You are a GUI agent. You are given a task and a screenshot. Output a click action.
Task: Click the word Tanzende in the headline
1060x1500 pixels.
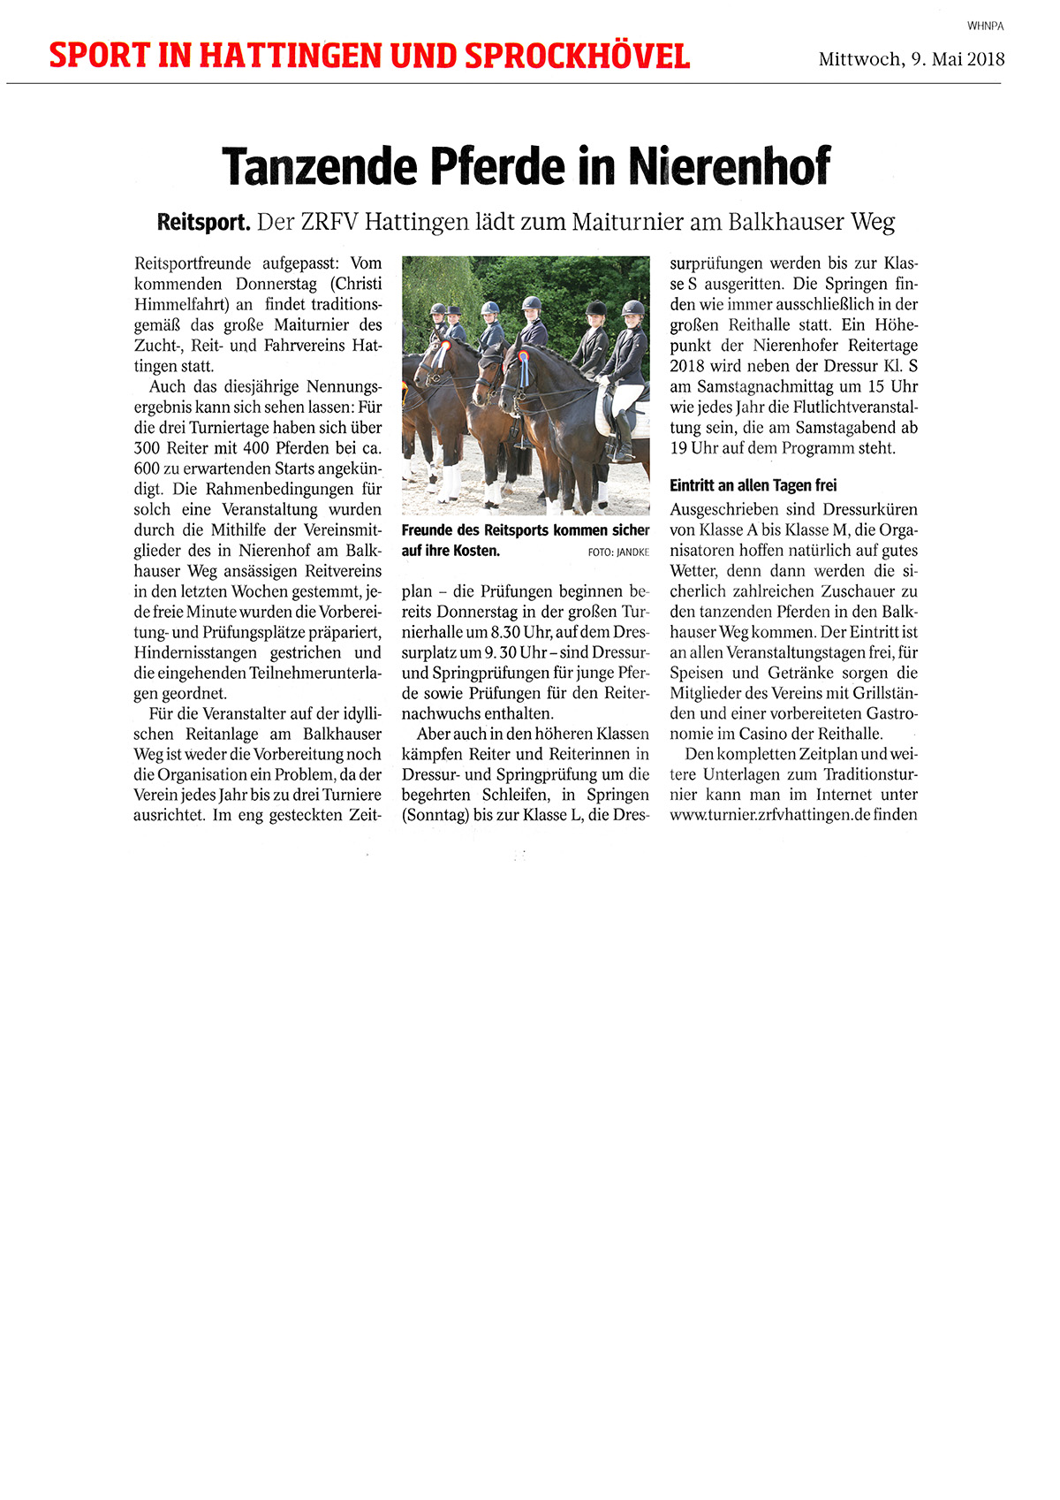(x=319, y=165)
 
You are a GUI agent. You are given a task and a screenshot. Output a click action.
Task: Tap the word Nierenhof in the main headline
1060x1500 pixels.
(x=730, y=165)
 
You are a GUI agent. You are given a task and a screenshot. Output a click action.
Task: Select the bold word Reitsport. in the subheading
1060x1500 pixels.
(x=203, y=222)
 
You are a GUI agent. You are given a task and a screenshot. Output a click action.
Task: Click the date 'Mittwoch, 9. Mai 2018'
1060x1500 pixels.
(x=912, y=59)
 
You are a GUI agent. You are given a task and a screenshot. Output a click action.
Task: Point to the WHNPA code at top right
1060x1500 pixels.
(x=985, y=27)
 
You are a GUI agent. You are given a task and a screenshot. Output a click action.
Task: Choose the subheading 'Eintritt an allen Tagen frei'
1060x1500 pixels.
(x=753, y=485)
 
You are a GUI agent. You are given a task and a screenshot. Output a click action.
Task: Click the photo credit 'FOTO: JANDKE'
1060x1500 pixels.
(x=617, y=552)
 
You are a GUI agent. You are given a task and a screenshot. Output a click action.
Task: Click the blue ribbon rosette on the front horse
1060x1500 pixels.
(x=523, y=367)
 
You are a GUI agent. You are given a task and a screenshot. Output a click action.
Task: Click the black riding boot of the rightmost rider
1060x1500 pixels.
(x=624, y=438)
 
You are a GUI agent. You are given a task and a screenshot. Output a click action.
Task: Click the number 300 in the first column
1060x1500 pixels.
(x=148, y=448)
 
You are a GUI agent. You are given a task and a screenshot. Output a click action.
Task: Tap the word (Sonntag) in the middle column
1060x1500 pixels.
(x=435, y=815)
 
